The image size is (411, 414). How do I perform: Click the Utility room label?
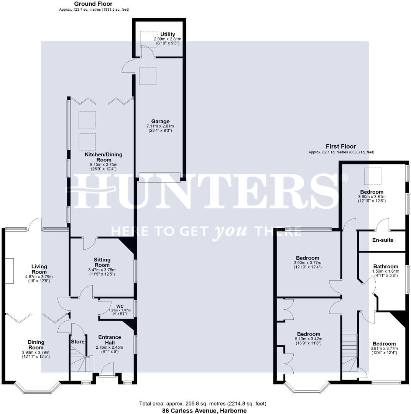coord(168,34)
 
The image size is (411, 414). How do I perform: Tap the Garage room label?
coord(160,122)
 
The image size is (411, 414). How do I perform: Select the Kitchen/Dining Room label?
coord(104,157)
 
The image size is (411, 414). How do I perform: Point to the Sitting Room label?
coord(102,262)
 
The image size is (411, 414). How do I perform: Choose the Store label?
coord(77,342)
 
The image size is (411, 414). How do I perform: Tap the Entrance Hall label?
coord(110,340)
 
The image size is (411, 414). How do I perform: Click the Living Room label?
coord(39,269)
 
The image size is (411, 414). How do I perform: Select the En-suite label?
coord(383,240)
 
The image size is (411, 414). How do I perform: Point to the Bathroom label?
coord(386,266)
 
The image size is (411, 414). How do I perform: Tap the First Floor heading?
coord(341,146)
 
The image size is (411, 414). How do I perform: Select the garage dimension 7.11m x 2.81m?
coord(160,126)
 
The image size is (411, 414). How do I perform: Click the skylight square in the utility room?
coord(148,39)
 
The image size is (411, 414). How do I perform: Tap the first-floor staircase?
coord(350,353)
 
